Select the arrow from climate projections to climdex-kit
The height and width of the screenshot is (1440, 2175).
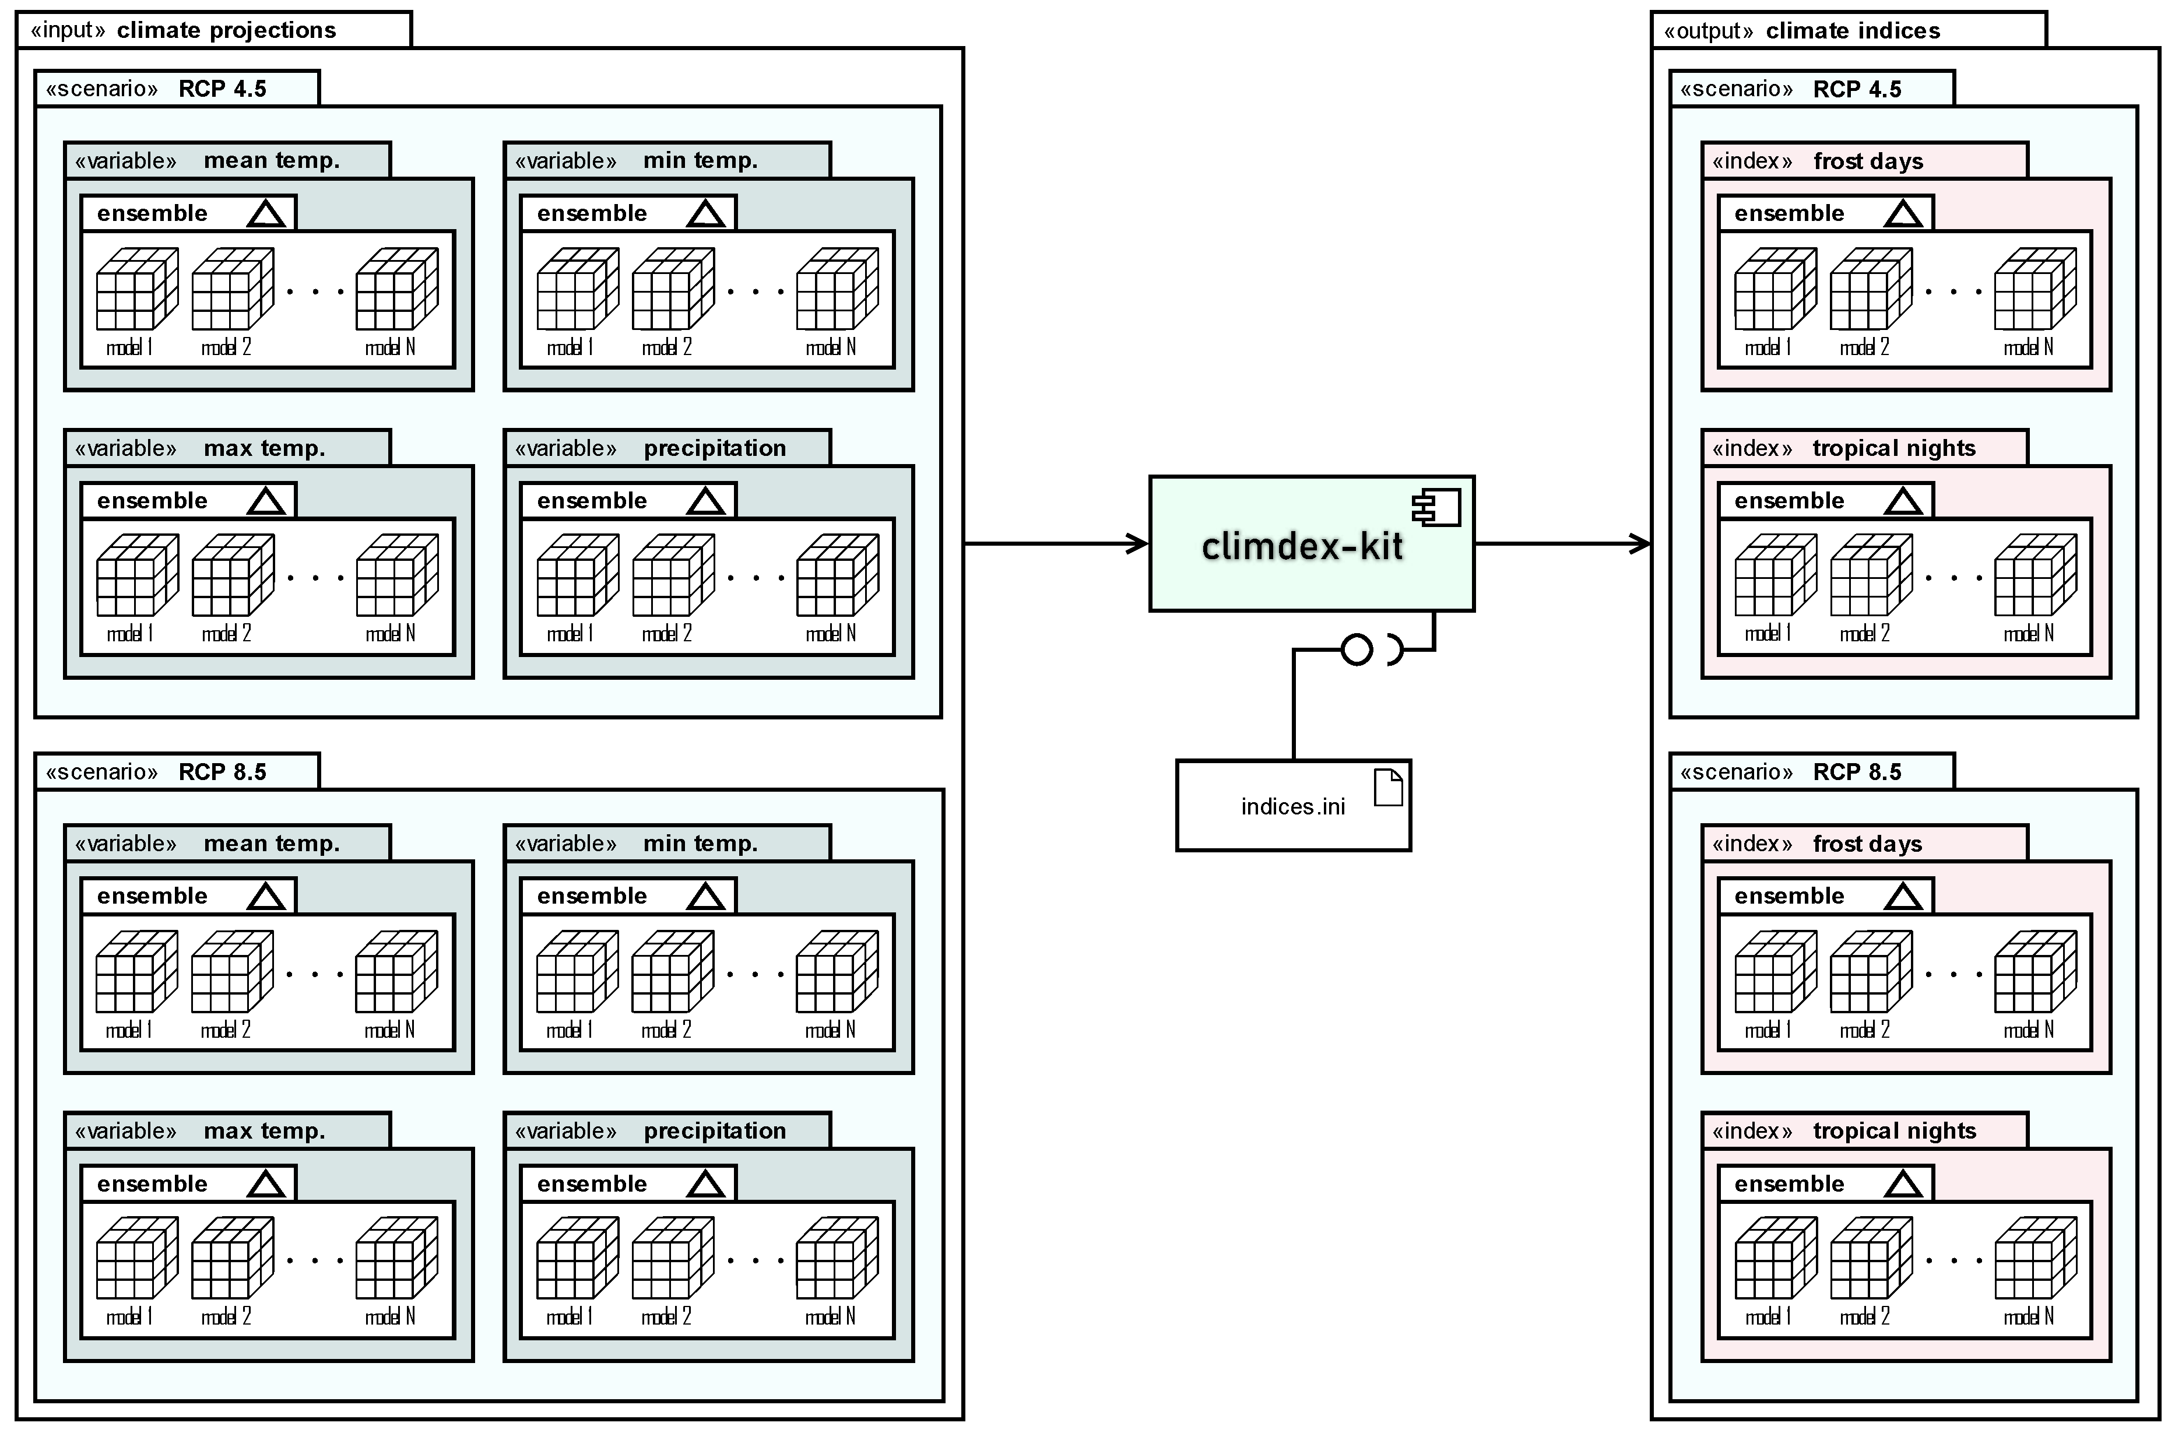click(1056, 544)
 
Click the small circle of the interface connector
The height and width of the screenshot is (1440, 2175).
click(1356, 649)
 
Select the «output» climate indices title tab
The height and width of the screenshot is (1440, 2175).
click(1847, 30)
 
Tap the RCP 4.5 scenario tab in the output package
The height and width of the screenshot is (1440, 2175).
click(1811, 89)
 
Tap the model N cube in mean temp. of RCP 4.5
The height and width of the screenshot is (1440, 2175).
click(396, 289)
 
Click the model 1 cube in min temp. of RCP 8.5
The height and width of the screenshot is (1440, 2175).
click(577, 972)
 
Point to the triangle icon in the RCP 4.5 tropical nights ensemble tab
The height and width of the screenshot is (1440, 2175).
click(1902, 501)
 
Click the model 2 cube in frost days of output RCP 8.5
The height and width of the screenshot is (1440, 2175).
click(1870, 972)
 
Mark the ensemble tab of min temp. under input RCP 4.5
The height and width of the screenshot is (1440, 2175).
click(628, 213)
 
